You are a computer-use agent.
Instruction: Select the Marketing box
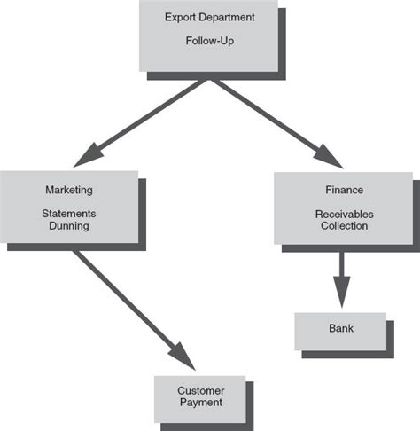click(x=68, y=208)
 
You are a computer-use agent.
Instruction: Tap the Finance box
click(x=344, y=208)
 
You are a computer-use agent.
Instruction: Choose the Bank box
click(x=340, y=330)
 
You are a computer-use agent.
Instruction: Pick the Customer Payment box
click(x=199, y=397)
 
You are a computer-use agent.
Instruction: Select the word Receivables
click(x=344, y=214)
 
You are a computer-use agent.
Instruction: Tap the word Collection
click(x=344, y=226)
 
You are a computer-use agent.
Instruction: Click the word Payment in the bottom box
click(x=200, y=403)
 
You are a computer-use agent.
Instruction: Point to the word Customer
click(x=200, y=391)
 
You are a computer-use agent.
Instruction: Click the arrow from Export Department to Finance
click(x=275, y=119)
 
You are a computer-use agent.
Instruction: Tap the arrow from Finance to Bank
click(x=341, y=270)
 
